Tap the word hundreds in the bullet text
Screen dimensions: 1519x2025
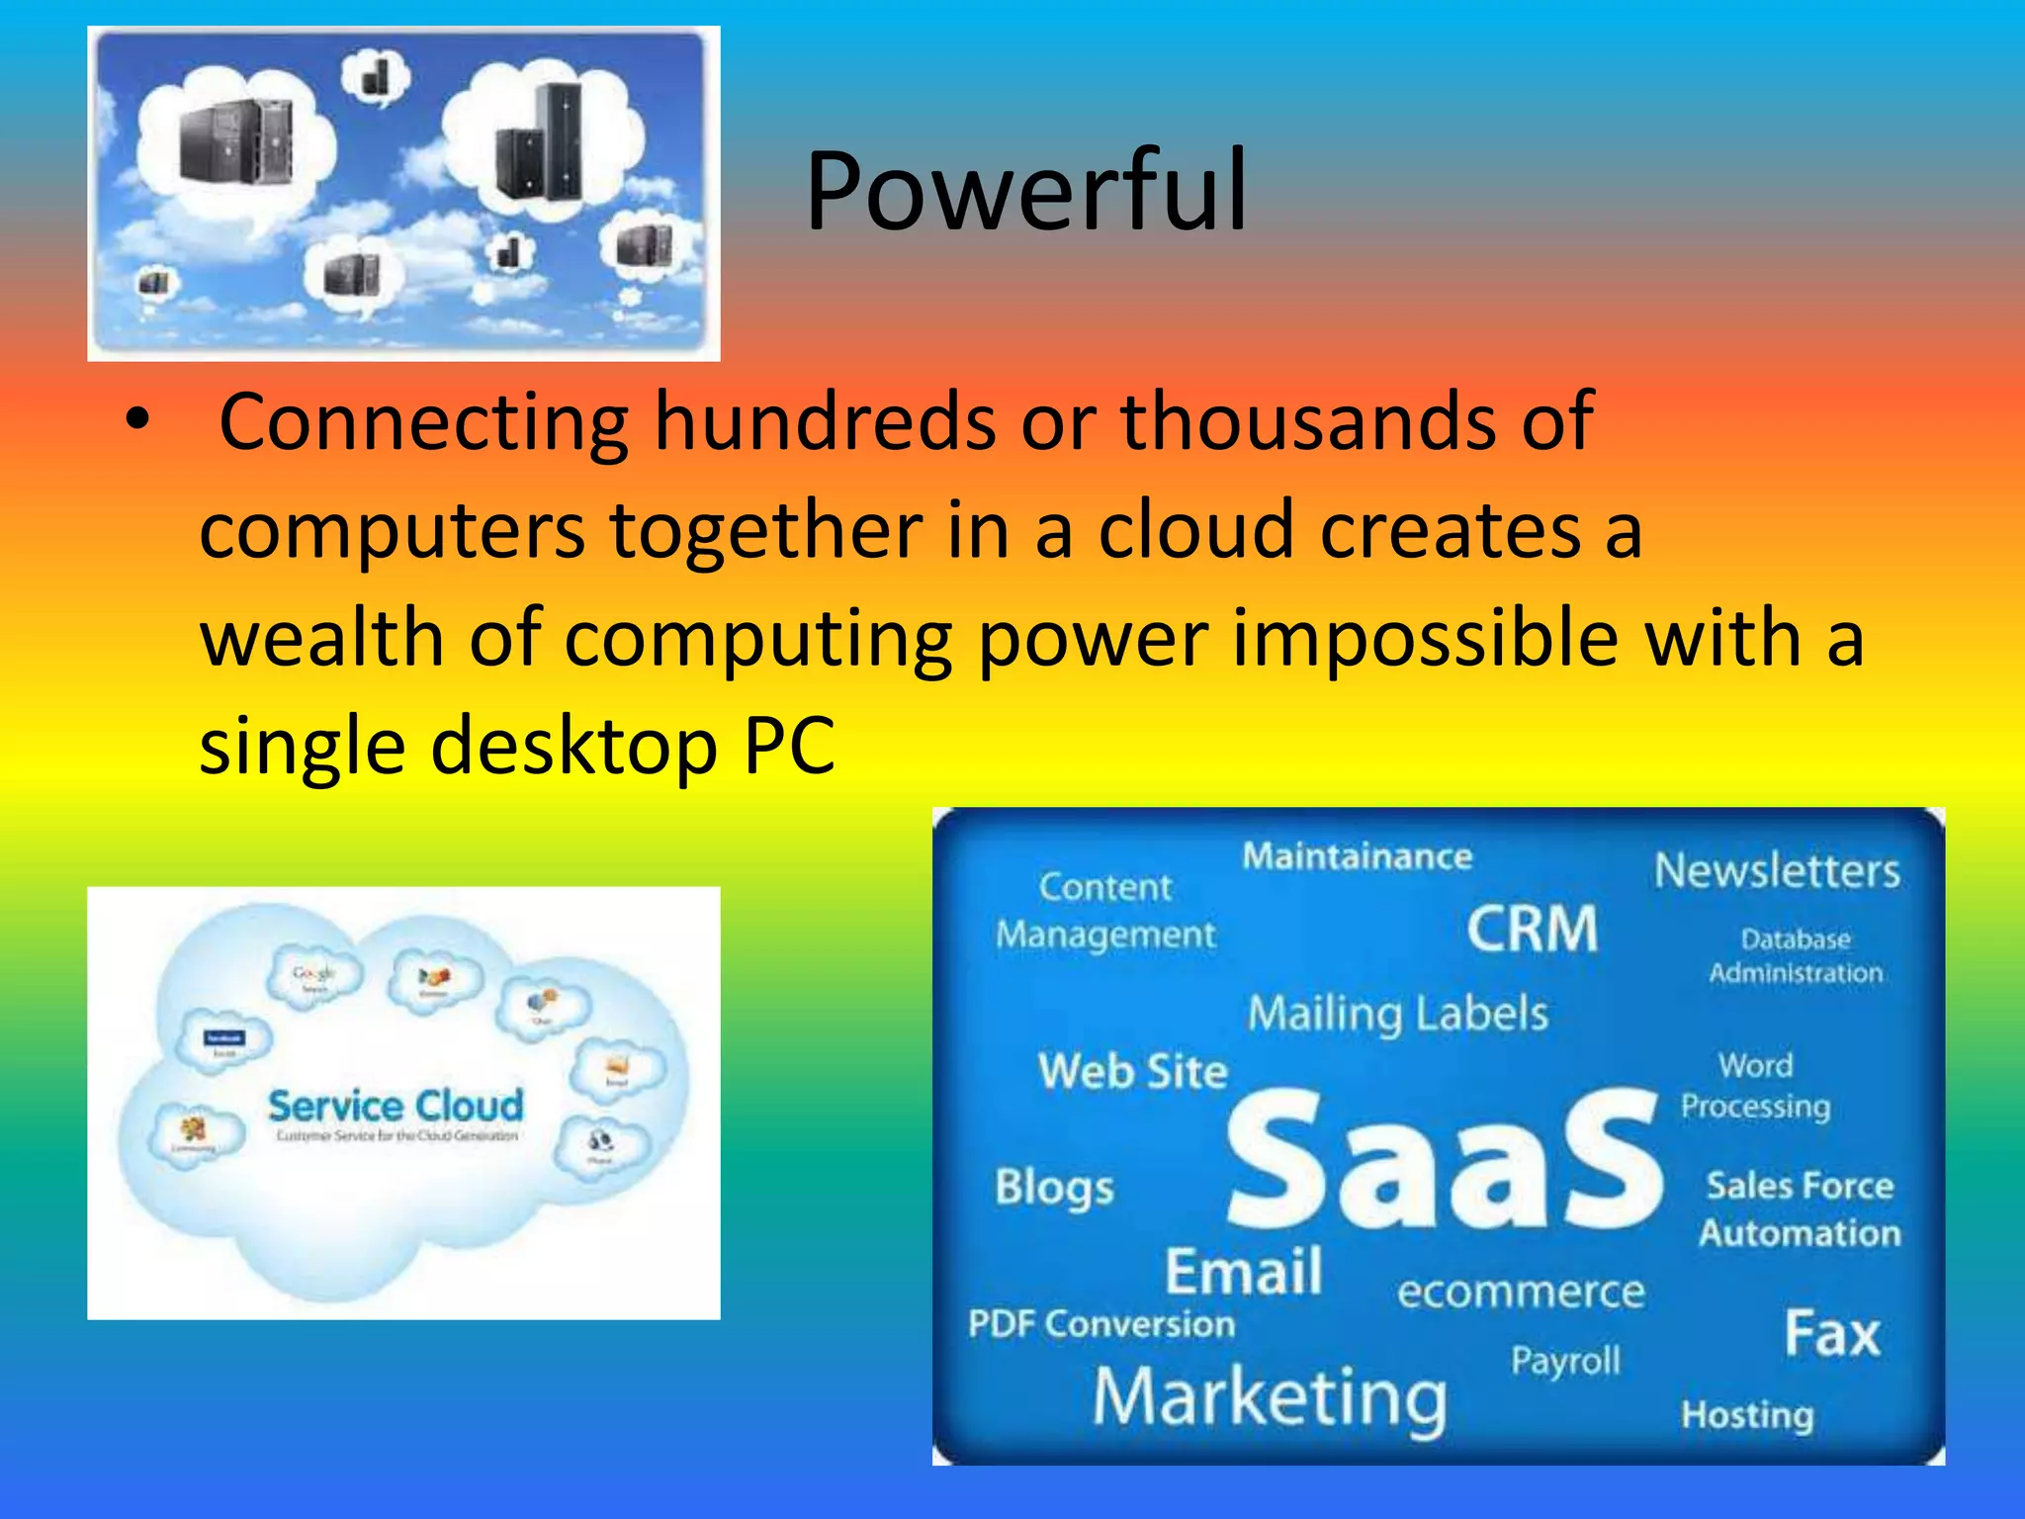(825, 422)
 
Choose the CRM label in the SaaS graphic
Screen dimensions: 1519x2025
(1532, 930)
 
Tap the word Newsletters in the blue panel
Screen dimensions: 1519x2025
(1777, 871)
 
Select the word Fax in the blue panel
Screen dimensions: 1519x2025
(1831, 1334)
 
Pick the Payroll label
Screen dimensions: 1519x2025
(1565, 1362)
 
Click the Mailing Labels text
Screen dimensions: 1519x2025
(1397, 1015)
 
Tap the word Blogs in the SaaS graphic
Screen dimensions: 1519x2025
(1054, 1187)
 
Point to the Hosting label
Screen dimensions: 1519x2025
(1747, 1415)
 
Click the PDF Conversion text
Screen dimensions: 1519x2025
(1101, 1324)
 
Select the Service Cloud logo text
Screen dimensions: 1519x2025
(396, 1106)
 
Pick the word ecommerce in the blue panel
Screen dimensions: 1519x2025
(1521, 1292)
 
